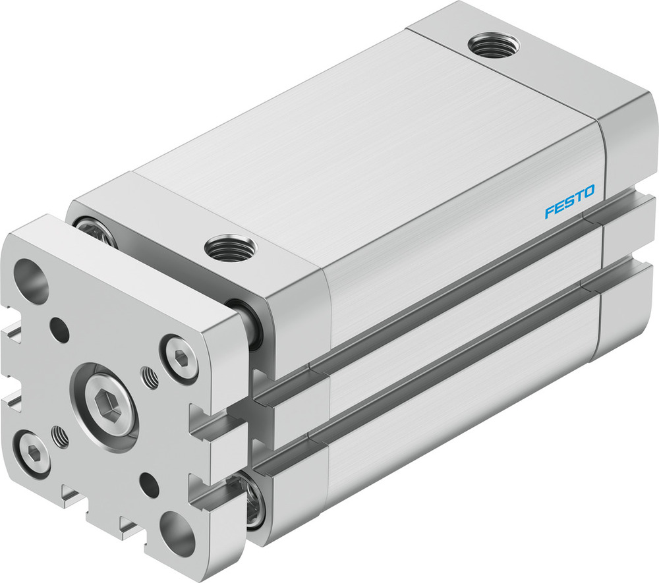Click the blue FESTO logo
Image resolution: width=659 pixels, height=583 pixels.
pos(569,202)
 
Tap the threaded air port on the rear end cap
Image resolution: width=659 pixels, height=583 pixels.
pos(494,45)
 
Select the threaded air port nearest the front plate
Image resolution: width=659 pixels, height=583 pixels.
pos(230,248)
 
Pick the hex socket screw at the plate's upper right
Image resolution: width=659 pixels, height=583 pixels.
pos(181,358)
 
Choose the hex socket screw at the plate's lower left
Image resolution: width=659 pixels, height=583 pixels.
pos(32,452)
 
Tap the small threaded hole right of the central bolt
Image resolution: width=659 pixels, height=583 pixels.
pos(150,377)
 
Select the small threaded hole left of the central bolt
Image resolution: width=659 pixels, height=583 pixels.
pos(61,435)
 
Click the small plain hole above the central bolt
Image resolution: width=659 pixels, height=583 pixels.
pos(60,329)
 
